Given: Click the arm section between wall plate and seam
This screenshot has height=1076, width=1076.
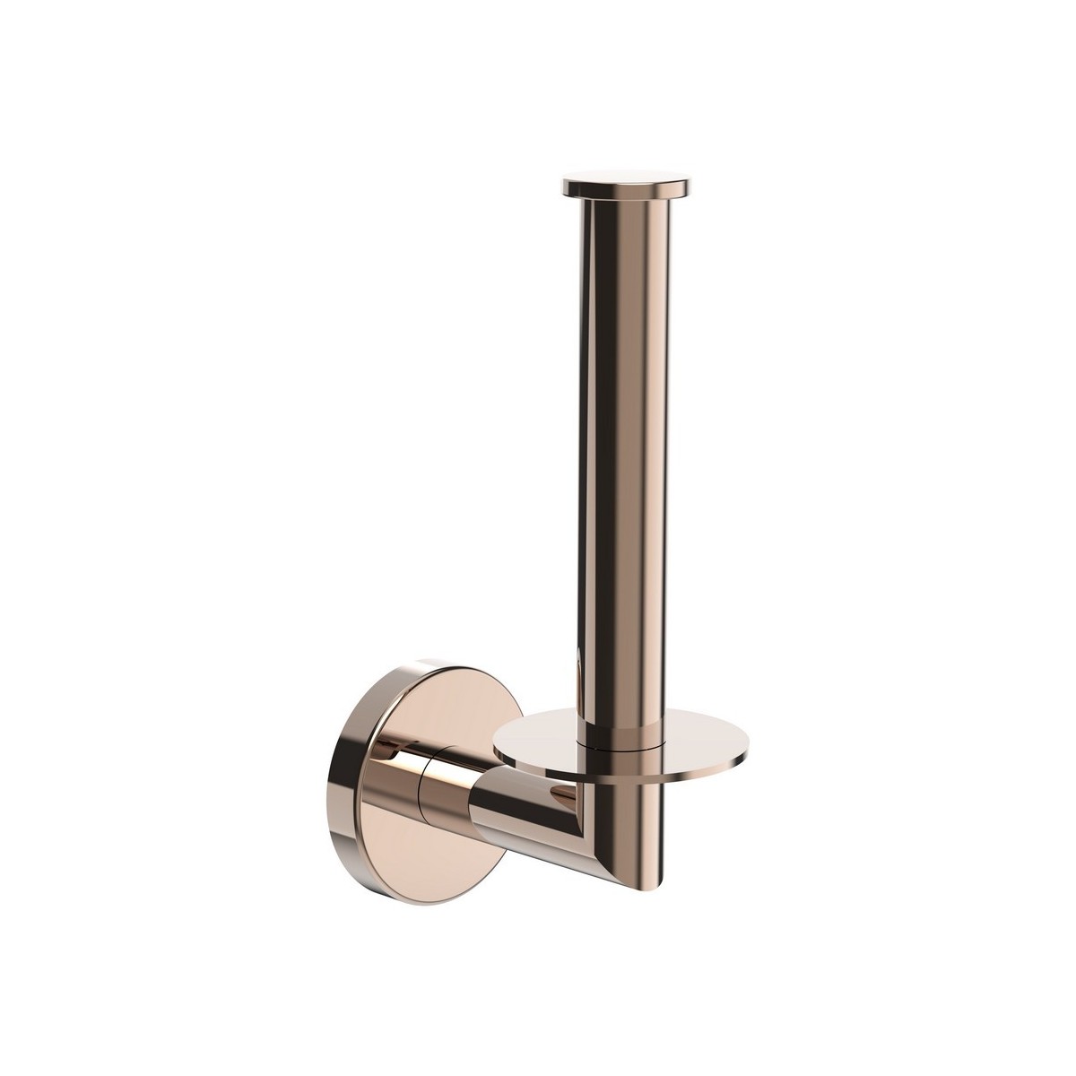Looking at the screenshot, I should [399, 789].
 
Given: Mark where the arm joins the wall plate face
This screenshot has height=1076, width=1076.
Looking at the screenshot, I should [381, 789].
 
